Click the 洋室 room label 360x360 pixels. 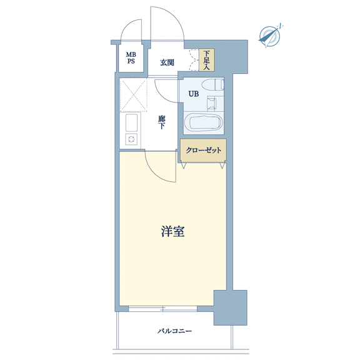coord(172,231)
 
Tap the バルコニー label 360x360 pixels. coord(174,331)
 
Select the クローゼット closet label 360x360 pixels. coord(203,150)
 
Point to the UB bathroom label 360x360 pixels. coord(194,94)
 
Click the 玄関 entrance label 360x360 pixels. coord(167,62)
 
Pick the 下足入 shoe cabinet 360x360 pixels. coord(207,60)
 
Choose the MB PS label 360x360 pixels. coord(131,58)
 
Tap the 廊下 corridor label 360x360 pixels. coord(162,122)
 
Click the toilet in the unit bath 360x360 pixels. coord(212,84)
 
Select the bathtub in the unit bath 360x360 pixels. coord(204,122)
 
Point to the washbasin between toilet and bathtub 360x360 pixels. coord(211,102)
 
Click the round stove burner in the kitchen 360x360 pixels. coord(131,139)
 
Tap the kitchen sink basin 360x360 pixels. coord(131,123)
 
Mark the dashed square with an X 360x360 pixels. coord(133,95)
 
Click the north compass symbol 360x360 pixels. coord(270,36)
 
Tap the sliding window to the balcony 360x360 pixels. coord(162,309)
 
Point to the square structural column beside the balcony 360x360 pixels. coord(231,307)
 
